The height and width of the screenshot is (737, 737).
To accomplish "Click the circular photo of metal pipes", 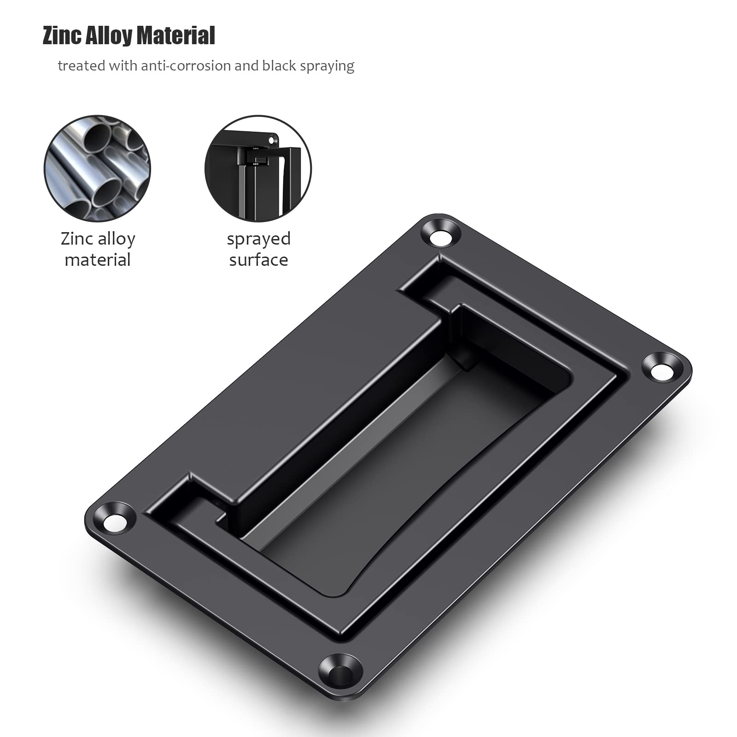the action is point(97,168).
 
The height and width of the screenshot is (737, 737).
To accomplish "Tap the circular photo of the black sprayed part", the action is point(258,168).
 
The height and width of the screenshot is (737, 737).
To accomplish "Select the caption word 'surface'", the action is point(258,260).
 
